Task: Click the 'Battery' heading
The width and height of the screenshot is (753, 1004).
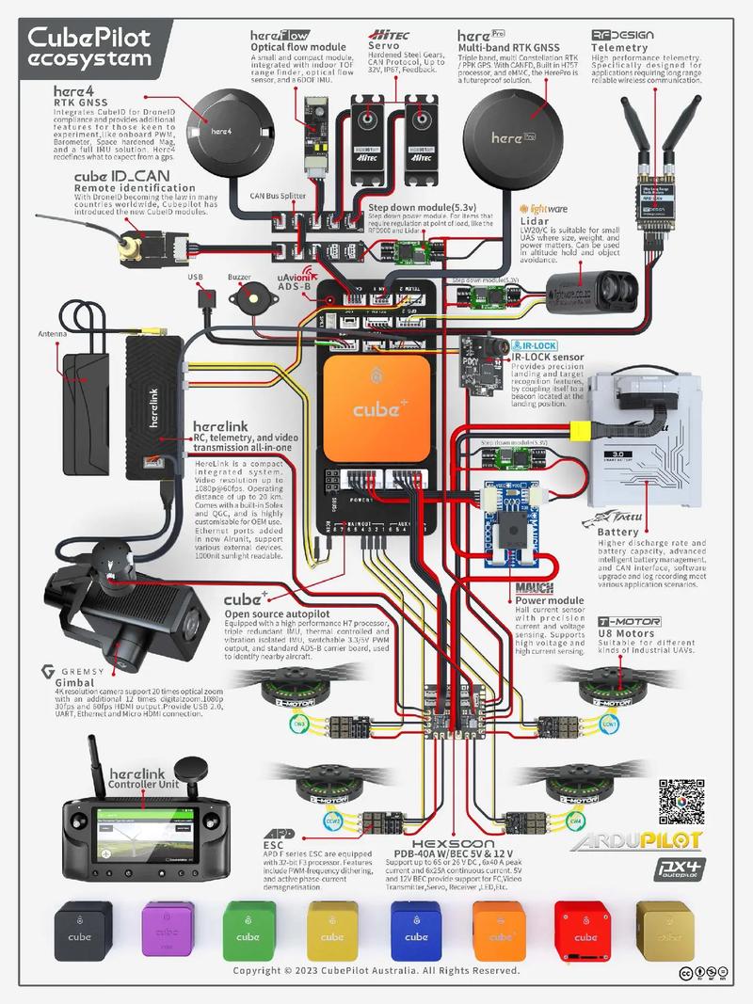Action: click(617, 533)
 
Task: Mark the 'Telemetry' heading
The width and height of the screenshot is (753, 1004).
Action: click(619, 48)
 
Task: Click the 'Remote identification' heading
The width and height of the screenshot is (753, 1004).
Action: click(130, 188)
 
